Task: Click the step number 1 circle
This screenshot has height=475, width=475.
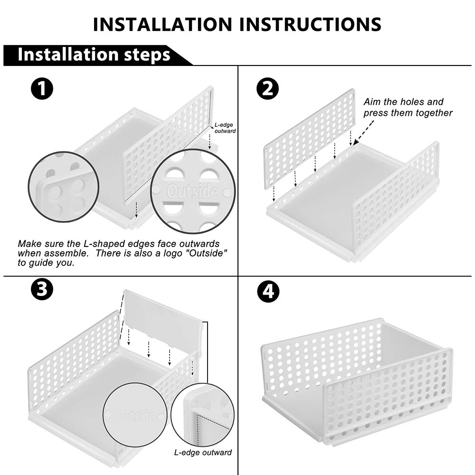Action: tap(42, 88)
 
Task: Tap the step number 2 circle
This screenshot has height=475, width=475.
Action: tap(267, 88)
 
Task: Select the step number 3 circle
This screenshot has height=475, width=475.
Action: tap(42, 289)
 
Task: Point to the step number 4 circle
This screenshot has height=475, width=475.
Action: tap(268, 292)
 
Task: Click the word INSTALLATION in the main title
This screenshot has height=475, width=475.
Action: tap(162, 24)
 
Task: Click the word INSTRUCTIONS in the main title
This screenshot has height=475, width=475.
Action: tap(310, 24)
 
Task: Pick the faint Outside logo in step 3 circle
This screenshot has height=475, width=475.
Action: tap(135, 415)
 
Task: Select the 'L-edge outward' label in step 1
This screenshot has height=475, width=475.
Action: tap(225, 128)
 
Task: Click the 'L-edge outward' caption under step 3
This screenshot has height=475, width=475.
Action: tap(203, 452)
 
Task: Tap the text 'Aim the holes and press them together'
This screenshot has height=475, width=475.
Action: tap(408, 107)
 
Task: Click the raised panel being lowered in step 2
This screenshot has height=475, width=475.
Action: tap(309, 139)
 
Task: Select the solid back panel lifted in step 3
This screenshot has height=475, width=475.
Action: tap(163, 321)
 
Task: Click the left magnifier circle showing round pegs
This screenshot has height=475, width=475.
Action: tap(64, 187)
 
